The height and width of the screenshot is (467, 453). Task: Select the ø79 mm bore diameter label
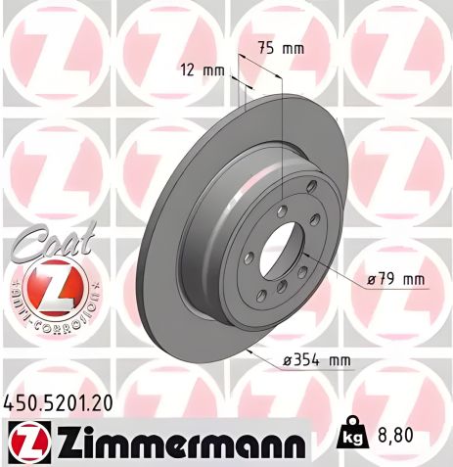[x=395, y=279]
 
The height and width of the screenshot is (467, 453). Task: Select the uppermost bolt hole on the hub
[x=311, y=188]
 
